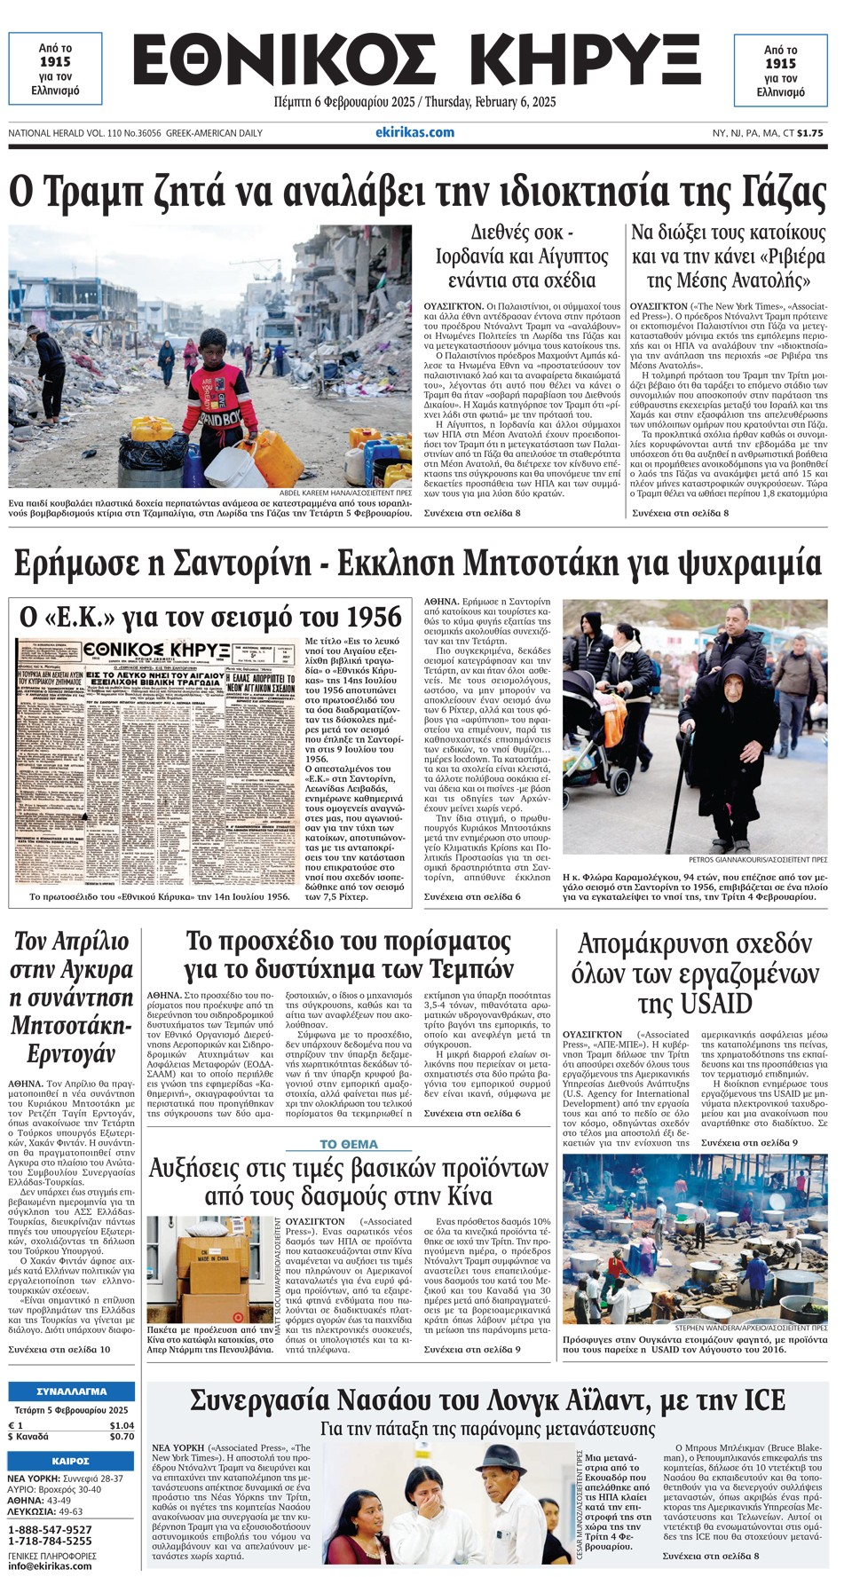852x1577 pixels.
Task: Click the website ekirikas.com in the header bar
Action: pos(414,132)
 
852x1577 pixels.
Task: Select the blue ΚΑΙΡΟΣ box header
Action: pos(71,1461)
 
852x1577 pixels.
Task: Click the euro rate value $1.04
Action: pos(122,1425)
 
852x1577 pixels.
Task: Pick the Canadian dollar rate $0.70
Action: pos(122,1437)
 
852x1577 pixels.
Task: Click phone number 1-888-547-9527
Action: pos(50,1530)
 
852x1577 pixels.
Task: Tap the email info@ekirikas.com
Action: pos(50,1565)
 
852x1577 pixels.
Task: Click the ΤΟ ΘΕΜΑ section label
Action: pos(349,1145)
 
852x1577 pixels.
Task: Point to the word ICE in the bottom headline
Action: pos(761,1401)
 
